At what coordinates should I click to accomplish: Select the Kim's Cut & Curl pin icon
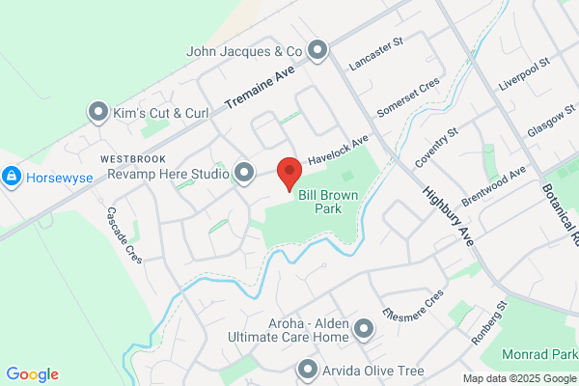[x=97, y=114]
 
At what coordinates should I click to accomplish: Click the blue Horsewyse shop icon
[x=12, y=178]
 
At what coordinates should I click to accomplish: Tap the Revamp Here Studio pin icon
[x=244, y=174]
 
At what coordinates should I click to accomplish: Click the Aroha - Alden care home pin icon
[x=364, y=330]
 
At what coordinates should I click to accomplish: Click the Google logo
[x=32, y=374]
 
